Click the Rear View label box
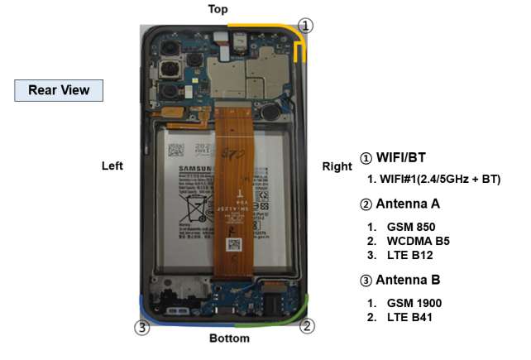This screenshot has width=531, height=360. [x=59, y=90]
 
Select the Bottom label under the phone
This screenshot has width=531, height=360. [x=229, y=338]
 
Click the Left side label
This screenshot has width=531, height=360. [x=112, y=166]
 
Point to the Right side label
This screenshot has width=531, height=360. [x=337, y=166]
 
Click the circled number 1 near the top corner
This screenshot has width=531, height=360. [x=306, y=26]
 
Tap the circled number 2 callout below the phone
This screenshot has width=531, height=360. [x=307, y=325]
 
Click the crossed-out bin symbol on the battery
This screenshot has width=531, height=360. [x=197, y=204]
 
